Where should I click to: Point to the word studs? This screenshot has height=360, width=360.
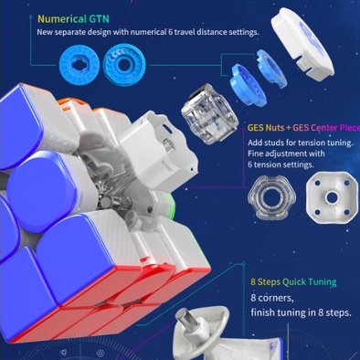(280, 143)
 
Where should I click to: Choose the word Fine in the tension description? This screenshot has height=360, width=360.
(257, 155)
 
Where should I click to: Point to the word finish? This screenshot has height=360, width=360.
(265, 313)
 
